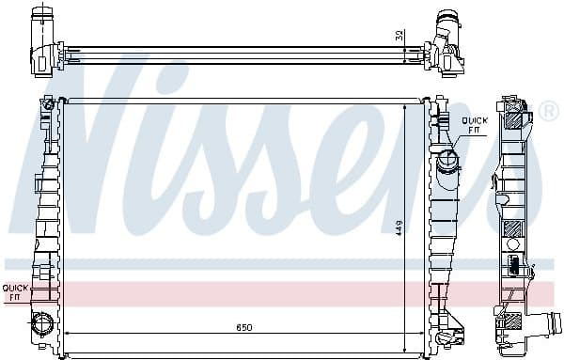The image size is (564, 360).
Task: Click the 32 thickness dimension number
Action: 400,35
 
